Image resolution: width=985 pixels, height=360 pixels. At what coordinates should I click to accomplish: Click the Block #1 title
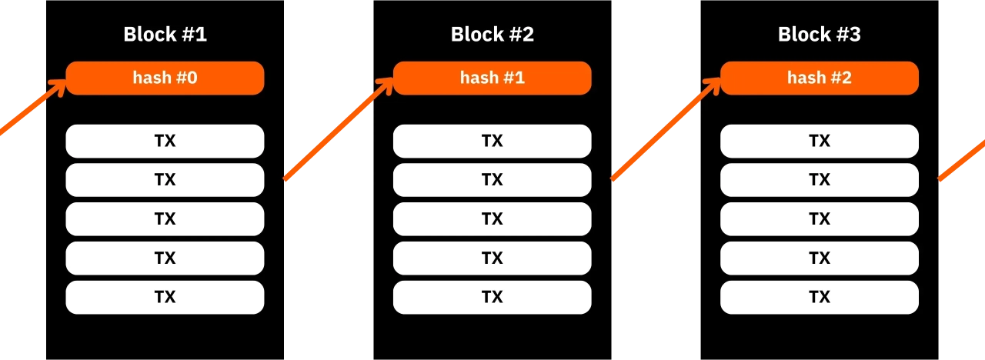(x=165, y=35)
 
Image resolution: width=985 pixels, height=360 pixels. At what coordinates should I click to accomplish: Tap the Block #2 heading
(x=492, y=35)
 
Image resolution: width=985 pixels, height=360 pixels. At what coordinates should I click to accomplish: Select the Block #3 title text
(x=819, y=35)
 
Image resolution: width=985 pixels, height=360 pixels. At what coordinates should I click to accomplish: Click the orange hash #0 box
(x=165, y=78)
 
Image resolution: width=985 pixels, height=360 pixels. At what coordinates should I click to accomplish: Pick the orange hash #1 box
(x=492, y=78)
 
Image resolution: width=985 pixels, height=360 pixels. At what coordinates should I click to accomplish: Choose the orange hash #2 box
(x=819, y=78)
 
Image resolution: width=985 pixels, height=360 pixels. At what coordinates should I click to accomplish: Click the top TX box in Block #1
(x=165, y=141)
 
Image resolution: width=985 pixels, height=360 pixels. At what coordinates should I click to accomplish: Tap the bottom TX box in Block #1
(x=165, y=297)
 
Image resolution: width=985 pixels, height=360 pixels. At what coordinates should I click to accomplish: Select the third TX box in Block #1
(x=165, y=219)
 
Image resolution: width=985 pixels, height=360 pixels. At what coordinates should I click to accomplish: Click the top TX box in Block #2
(x=492, y=141)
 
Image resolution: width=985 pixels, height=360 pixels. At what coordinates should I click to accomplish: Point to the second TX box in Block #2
(x=492, y=180)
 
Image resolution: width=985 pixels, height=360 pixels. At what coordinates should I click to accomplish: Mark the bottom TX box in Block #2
(x=492, y=297)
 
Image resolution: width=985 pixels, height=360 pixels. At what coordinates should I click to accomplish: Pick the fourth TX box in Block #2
(x=492, y=258)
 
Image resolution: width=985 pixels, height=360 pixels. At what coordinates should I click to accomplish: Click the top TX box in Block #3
(x=819, y=141)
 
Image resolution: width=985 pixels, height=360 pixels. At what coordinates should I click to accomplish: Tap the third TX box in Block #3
(x=819, y=219)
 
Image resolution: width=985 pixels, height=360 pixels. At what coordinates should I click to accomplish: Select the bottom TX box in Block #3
(x=819, y=297)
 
